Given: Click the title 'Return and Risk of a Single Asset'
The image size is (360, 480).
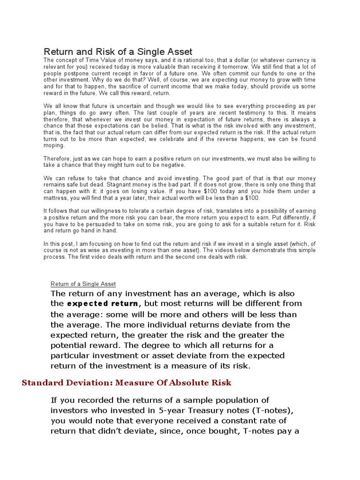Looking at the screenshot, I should coord(118,52).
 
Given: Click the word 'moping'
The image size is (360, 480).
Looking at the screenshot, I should coord(54,146).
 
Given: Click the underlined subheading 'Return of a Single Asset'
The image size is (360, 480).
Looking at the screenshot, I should coord(83,284).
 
